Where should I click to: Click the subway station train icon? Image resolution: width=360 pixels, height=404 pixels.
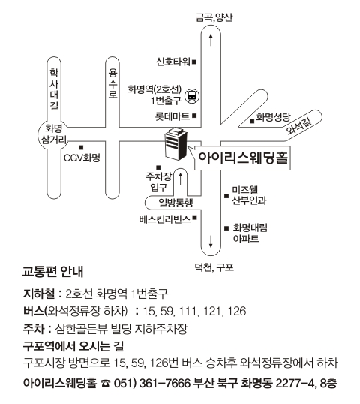coord(193,96)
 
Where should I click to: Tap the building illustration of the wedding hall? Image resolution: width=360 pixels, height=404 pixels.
coord(175,143)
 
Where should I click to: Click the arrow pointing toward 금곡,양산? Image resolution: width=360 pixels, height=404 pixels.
coord(211,40)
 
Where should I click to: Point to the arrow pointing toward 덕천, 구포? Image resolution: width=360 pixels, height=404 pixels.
coord(211,242)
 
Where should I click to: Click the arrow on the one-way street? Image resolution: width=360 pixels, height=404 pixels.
coord(181,179)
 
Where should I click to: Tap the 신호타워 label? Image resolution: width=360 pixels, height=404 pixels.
coord(173,62)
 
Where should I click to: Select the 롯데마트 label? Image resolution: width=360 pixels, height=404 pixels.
coord(172,116)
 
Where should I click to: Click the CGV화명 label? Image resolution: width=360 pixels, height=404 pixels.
coord(82,158)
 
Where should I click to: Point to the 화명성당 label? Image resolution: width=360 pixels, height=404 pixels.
coord(273,117)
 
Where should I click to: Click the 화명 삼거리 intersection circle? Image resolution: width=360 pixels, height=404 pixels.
coord(54,134)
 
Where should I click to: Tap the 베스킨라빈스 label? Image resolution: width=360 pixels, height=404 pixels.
coord(165,219)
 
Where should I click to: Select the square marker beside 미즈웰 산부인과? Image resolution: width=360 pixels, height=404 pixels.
coord(226,196)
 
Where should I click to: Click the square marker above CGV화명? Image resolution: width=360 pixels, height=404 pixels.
coord(81,148)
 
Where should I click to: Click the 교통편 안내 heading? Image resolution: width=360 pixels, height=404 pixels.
coord(52,272)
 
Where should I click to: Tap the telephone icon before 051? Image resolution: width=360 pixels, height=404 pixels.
coord(105,384)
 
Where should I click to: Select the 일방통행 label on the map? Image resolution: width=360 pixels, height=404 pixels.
coord(175,203)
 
